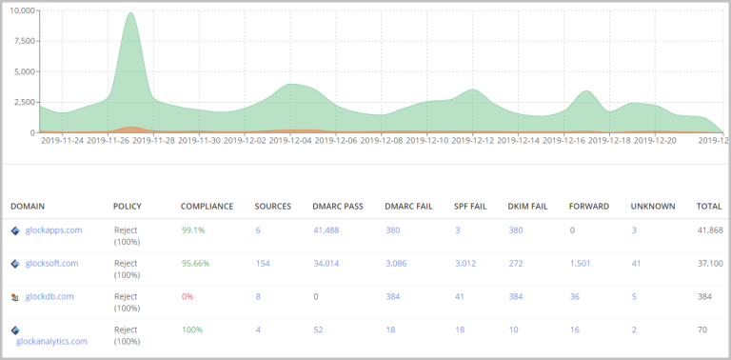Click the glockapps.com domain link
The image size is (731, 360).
click(x=53, y=230)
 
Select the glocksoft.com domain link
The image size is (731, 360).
click(x=51, y=264)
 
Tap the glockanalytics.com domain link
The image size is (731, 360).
click(x=51, y=341)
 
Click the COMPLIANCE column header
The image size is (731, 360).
click(x=207, y=206)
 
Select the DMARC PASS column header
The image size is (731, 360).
click(x=336, y=206)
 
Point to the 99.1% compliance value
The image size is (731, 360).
click(x=193, y=230)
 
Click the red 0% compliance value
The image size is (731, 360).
click(x=188, y=296)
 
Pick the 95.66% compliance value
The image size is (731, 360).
click(x=196, y=264)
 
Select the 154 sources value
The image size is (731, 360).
click(x=262, y=264)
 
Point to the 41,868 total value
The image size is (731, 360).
click(x=710, y=230)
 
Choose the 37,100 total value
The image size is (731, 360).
click(x=710, y=264)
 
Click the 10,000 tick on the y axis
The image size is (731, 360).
click(x=21, y=10)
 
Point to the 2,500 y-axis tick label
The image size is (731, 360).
click(x=23, y=102)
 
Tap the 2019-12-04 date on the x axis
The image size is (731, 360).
click(x=290, y=140)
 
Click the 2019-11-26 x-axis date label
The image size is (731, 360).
click(x=108, y=140)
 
